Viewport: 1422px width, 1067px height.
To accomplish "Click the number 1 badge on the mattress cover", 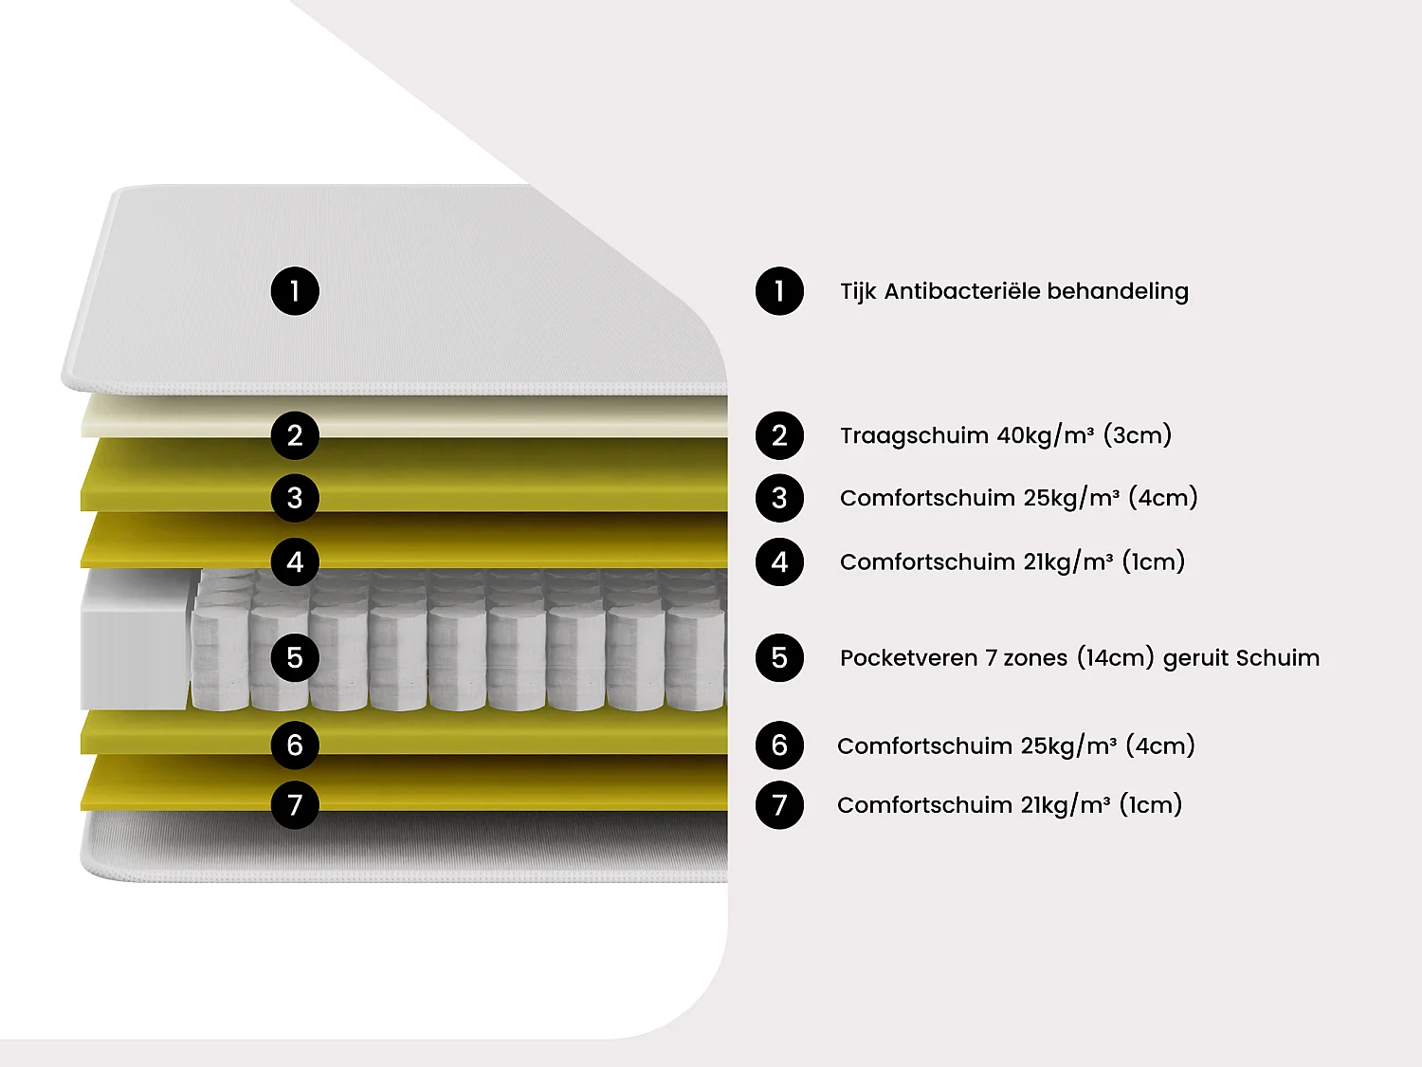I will tap(295, 291).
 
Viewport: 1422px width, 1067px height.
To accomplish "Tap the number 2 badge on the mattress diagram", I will tap(295, 435).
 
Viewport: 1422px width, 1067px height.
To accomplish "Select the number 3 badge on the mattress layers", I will tap(295, 498).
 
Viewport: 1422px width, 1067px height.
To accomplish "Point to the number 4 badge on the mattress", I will tap(295, 561).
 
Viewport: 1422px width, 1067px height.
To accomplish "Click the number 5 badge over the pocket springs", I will tap(295, 657).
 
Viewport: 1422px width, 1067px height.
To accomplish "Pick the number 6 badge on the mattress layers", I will tap(295, 745).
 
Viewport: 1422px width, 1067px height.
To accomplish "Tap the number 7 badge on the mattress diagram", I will tap(295, 805).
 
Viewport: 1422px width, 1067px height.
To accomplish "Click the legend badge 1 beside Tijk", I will tap(779, 291).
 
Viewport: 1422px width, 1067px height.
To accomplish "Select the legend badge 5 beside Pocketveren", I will tap(779, 657).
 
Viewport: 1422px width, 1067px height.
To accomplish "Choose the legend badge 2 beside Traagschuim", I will tap(779, 435).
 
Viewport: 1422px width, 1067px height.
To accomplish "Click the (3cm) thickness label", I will tap(1138, 435).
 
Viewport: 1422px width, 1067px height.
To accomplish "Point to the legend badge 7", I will tap(779, 805).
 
